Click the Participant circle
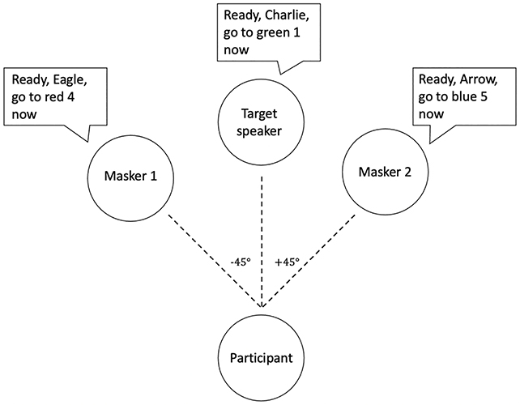[x=262, y=356]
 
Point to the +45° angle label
[x=286, y=262]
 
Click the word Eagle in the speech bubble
[x=75, y=83]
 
